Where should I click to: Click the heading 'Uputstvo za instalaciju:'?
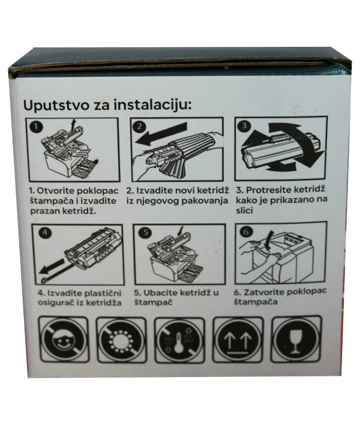(107, 104)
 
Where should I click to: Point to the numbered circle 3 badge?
(244, 127)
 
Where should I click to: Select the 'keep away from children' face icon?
(62, 339)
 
